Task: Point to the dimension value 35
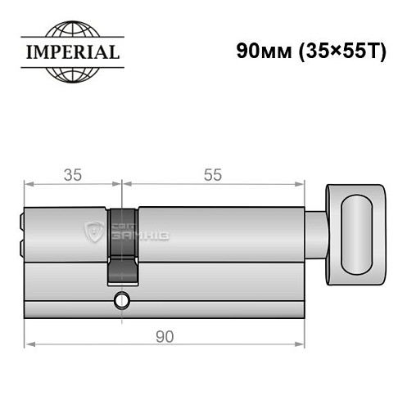pyautogui.click(x=71, y=174)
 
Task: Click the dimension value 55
pyautogui.click(x=212, y=174)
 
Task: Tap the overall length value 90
pyautogui.click(x=165, y=336)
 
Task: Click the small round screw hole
pyautogui.click(x=122, y=299)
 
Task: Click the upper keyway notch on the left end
pyautogui.click(x=21, y=219)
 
